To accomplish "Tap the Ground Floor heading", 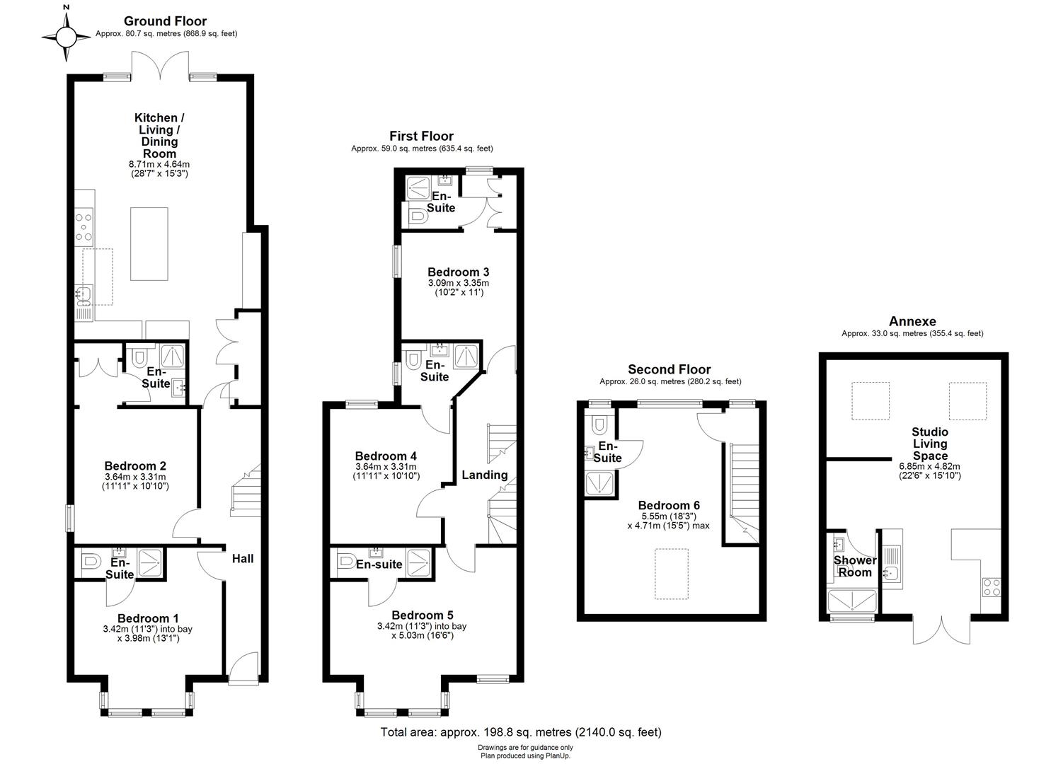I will click(x=165, y=21).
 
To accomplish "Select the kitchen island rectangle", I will click(x=149, y=244).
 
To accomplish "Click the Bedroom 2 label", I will click(x=135, y=466).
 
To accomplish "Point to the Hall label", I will click(x=243, y=559).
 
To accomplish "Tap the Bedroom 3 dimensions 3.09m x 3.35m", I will click(x=458, y=283).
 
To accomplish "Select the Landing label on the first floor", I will click(x=485, y=475).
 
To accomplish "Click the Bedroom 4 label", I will click(x=386, y=456).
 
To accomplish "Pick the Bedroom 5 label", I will click(x=423, y=615).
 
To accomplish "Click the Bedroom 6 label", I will click(x=669, y=505).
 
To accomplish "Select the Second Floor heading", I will click(x=670, y=369).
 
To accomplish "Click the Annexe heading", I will click(x=912, y=321).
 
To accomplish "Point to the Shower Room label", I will click(x=855, y=566).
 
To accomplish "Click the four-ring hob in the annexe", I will click(x=991, y=587).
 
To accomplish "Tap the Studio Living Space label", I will click(x=929, y=444).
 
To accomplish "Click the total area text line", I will click(x=521, y=732).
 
